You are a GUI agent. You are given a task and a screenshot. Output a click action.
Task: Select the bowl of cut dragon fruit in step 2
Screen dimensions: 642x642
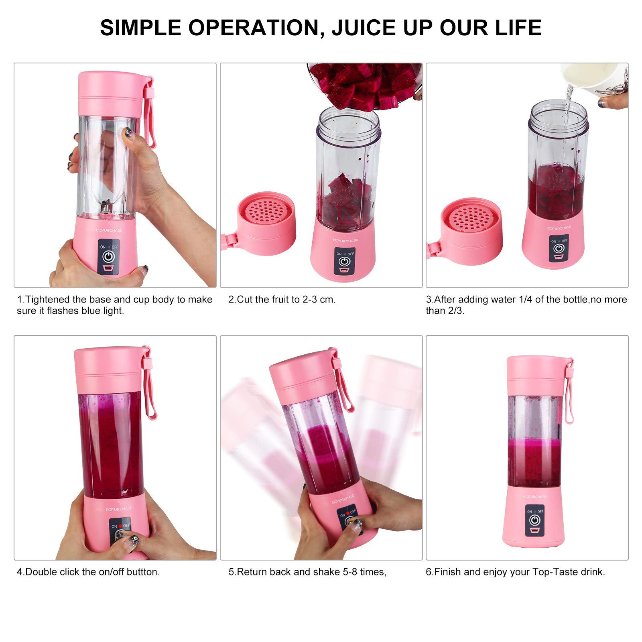tap(364, 85)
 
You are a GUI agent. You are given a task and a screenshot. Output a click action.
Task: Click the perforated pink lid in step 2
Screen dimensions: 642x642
tap(266, 223)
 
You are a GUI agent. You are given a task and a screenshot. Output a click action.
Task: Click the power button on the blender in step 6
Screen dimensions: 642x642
tap(534, 520)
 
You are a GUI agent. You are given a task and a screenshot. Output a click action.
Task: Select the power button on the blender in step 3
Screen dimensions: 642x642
tap(559, 249)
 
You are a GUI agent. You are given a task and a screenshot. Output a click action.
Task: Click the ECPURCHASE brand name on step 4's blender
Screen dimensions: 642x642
tap(119, 509)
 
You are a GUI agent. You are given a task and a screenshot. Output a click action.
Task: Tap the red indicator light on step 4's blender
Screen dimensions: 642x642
tap(120, 526)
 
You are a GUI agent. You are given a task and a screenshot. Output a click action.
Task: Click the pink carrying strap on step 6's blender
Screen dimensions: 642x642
tap(569, 391)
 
